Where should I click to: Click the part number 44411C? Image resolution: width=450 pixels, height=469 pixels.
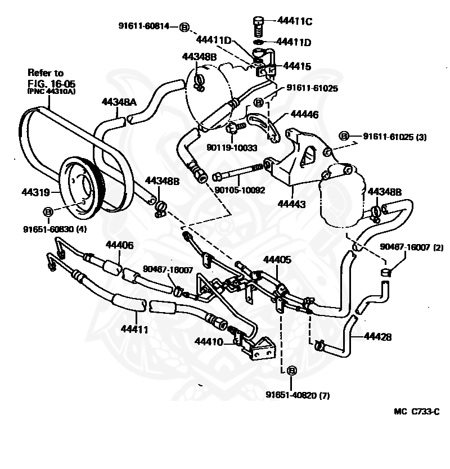[x=295, y=21]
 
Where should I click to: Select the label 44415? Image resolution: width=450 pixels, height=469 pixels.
[x=297, y=66]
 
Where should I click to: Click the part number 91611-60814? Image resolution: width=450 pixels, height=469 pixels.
[x=144, y=26]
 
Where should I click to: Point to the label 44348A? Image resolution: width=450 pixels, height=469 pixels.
[x=119, y=102]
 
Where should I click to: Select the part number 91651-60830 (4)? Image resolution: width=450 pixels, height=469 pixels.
[x=55, y=229]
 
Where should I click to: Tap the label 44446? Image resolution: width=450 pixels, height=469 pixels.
[x=304, y=114]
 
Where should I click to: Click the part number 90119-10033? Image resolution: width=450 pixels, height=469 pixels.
[x=232, y=148]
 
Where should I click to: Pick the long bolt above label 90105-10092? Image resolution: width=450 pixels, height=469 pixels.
[x=238, y=172]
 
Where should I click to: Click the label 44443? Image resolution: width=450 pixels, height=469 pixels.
[x=291, y=204]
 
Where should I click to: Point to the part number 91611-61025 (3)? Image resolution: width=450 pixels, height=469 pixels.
[x=395, y=137]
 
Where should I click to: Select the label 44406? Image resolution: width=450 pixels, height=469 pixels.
[x=120, y=245]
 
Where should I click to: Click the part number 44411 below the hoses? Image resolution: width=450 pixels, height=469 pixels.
[x=134, y=329]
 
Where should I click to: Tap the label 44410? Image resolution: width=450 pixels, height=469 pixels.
[x=209, y=341]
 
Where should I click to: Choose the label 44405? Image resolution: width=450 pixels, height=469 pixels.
[x=277, y=260]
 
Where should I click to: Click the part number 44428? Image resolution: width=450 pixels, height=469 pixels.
[x=377, y=337]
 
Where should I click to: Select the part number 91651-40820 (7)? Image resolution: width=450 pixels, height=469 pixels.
[x=298, y=395]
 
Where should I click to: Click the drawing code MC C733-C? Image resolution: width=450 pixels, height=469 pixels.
[x=416, y=412]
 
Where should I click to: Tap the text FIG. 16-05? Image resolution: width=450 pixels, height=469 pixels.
[x=51, y=83]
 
